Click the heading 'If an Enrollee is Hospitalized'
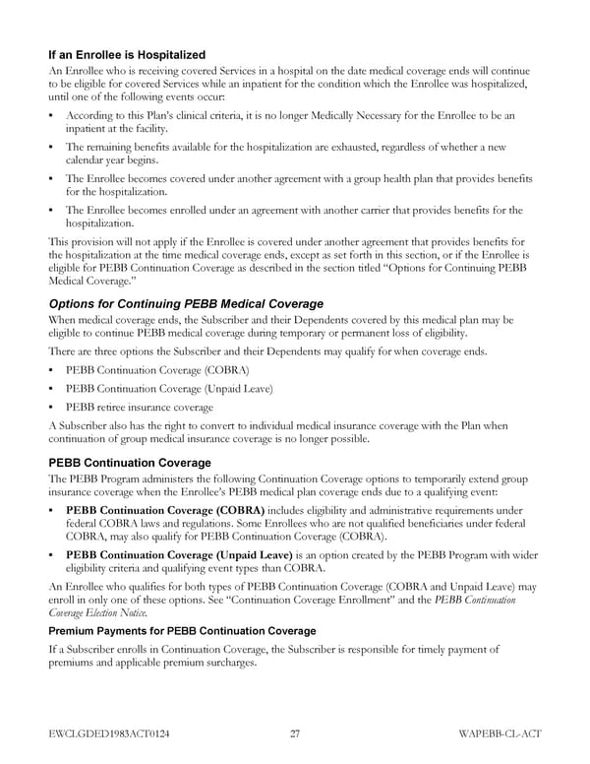127,54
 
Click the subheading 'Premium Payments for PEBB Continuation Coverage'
182,630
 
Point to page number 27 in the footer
296,734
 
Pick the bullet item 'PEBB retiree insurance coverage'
139,407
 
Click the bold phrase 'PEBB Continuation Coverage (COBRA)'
165,511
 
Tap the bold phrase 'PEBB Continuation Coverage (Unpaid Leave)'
182,554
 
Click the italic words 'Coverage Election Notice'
93,611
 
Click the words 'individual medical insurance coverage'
324,426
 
